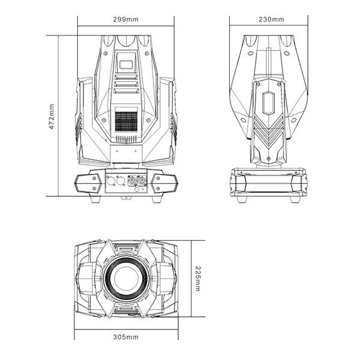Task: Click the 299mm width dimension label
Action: [126, 19]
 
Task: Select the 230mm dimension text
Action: [271, 19]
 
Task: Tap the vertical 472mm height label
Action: [52, 116]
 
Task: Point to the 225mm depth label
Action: [197, 278]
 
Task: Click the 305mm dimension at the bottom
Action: [126, 337]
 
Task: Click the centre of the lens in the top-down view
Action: [126, 278]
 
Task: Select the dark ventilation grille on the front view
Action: [126, 122]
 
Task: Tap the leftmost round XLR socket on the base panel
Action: [111, 181]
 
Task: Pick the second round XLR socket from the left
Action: [121, 181]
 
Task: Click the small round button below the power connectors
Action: [136, 190]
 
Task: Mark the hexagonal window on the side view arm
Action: [269, 103]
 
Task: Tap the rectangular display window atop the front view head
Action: [126, 64]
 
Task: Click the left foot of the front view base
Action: [95, 199]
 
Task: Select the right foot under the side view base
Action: [295, 199]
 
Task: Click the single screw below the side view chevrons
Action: [269, 158]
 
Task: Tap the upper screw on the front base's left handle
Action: [94, 178]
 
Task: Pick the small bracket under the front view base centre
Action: [126, 197]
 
